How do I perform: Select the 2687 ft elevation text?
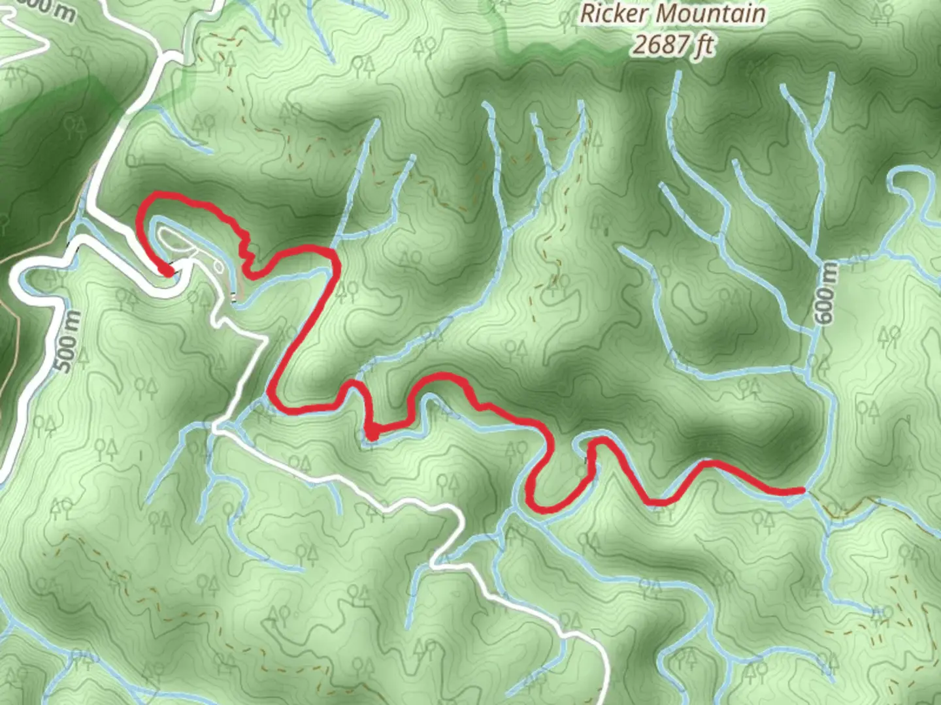click(672, 44)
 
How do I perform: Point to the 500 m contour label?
click(71, 341)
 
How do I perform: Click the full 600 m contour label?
click(825, 294)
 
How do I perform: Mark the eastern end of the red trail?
click(802, 490)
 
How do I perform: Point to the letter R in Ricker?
click(587, 14)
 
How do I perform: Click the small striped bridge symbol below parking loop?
click(233, 298)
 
